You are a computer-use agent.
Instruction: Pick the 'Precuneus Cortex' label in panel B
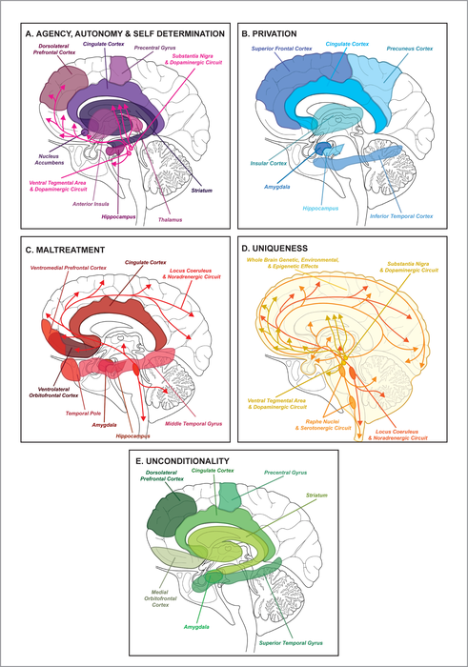(x=414, y=47)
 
